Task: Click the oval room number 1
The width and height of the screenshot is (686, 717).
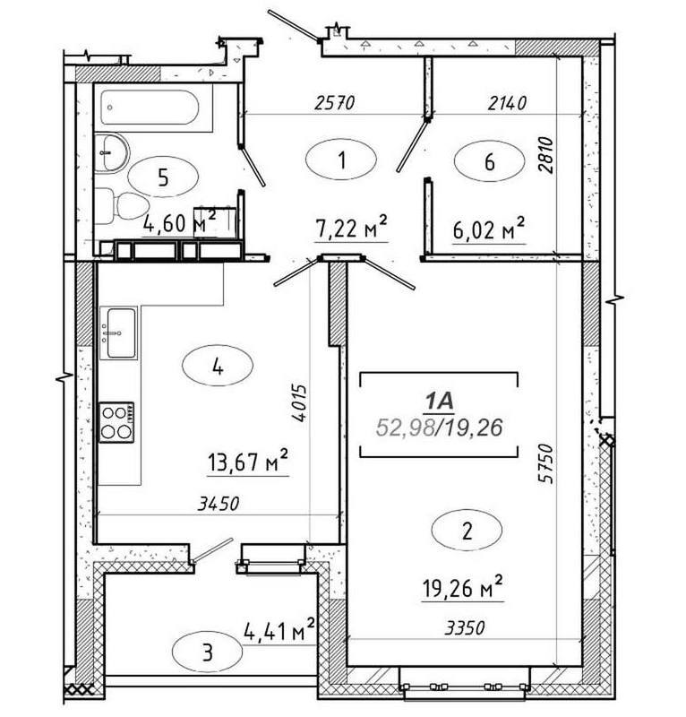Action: [341, 161]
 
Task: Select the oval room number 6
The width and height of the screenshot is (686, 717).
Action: [488, 161]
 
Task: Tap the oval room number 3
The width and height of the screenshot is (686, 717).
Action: [208, 652]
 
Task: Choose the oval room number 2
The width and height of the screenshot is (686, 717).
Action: [466, 530]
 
